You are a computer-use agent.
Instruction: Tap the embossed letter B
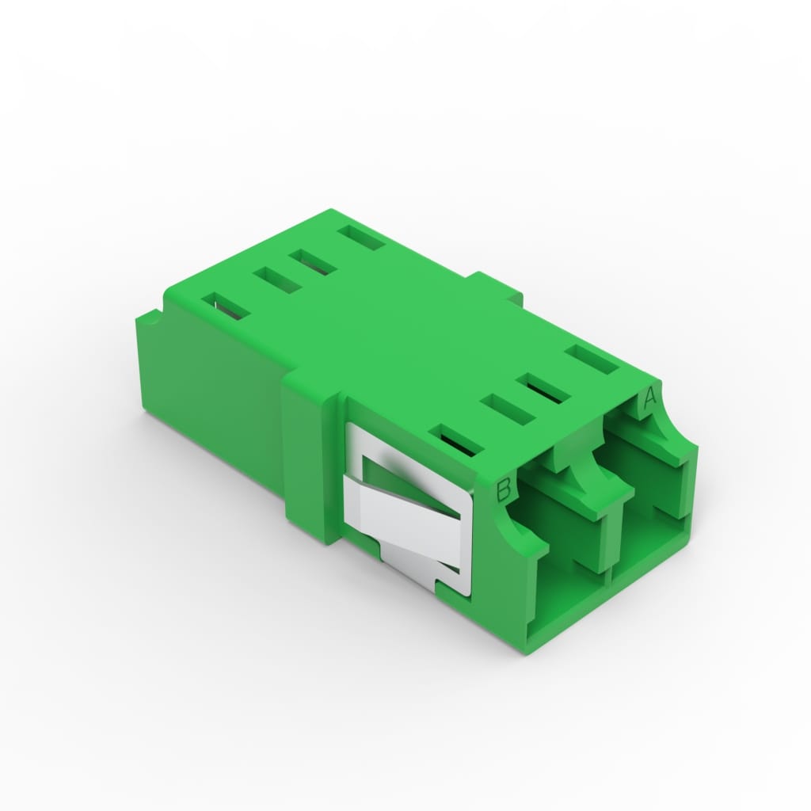click(x=504, y=489)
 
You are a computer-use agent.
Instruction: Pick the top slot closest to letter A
click(x=592, y=360)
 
